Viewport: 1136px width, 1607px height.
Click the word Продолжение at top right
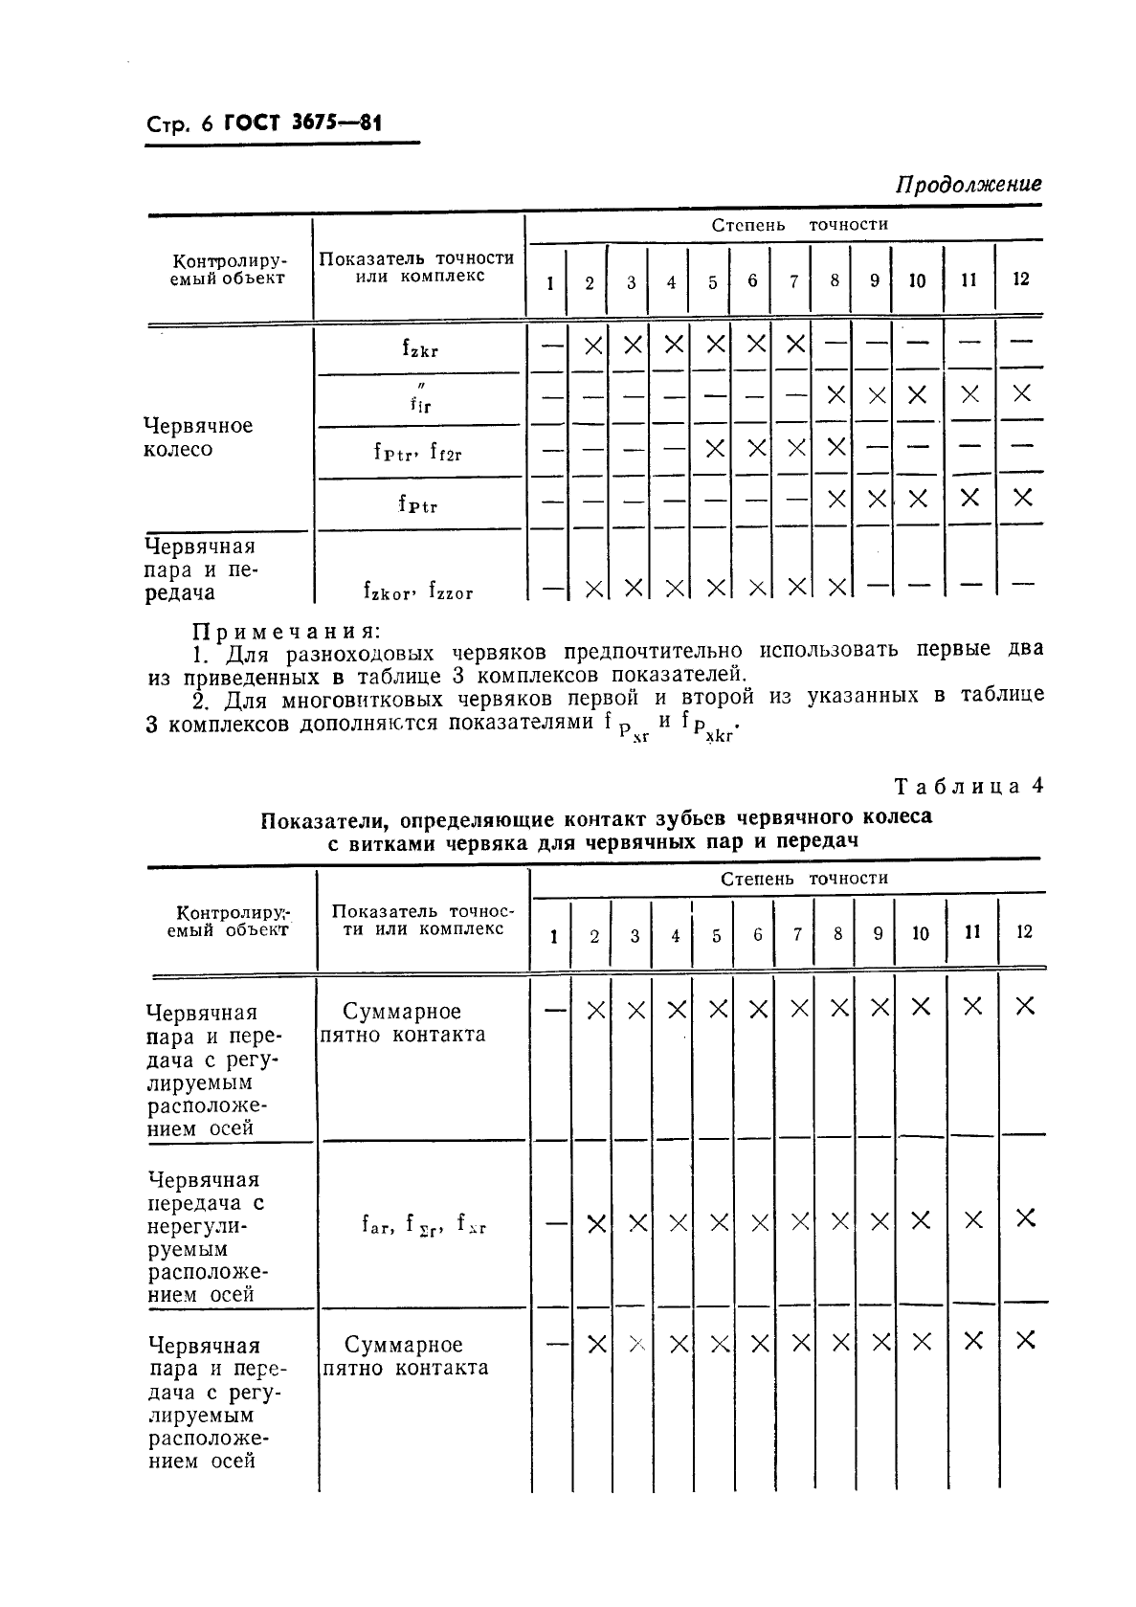pos(968,184)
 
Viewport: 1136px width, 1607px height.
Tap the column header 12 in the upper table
pos(1020,279)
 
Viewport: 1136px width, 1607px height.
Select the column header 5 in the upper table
pos(713,282)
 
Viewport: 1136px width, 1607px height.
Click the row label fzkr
pos(419,348)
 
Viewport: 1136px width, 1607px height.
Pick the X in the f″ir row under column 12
pos(1021,393)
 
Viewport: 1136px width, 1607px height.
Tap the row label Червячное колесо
pos(197,437)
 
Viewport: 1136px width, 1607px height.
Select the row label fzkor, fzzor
pos(418,591)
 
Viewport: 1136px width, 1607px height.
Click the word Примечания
pos(286,631)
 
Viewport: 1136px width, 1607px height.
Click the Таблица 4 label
pos(968,787)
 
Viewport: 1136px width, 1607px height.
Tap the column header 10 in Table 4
pos(920,933)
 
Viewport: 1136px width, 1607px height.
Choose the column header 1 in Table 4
pos(554,935)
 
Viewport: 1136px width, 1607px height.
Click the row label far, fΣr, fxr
pos(423,1223)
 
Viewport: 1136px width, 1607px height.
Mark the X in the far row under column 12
pos(1025,1217)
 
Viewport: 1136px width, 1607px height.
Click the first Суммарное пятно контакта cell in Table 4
pos(403,1022)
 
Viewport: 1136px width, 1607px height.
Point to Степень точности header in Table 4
pos(804,879)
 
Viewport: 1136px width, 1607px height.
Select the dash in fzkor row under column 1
pos(551,589)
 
